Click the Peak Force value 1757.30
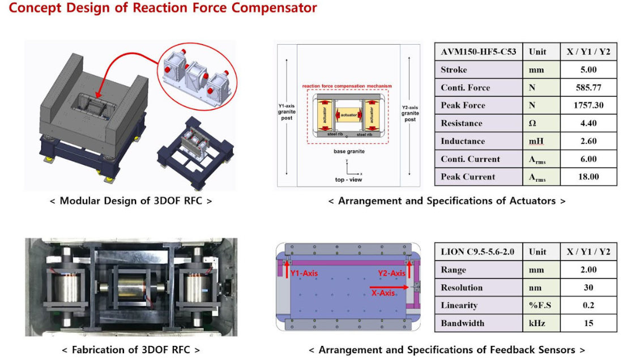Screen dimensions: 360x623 [x=588, y=105]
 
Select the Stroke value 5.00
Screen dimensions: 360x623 [x=588, y=70]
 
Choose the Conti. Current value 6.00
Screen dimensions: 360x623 [x=588, y=159]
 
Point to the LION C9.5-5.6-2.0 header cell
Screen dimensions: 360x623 [x=477, y=252]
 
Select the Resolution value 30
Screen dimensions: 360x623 [x=588, y=288]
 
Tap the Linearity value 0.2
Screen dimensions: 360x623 [x=588, y=306]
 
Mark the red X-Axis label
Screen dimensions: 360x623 [x=383, y=293]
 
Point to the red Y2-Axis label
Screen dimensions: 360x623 [x=392, y=273]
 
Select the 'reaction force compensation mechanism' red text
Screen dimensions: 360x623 [x=347, y=86]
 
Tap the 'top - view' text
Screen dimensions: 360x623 [x=348, y=179]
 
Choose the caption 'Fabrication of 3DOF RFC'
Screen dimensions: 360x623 [x=131, y=350]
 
